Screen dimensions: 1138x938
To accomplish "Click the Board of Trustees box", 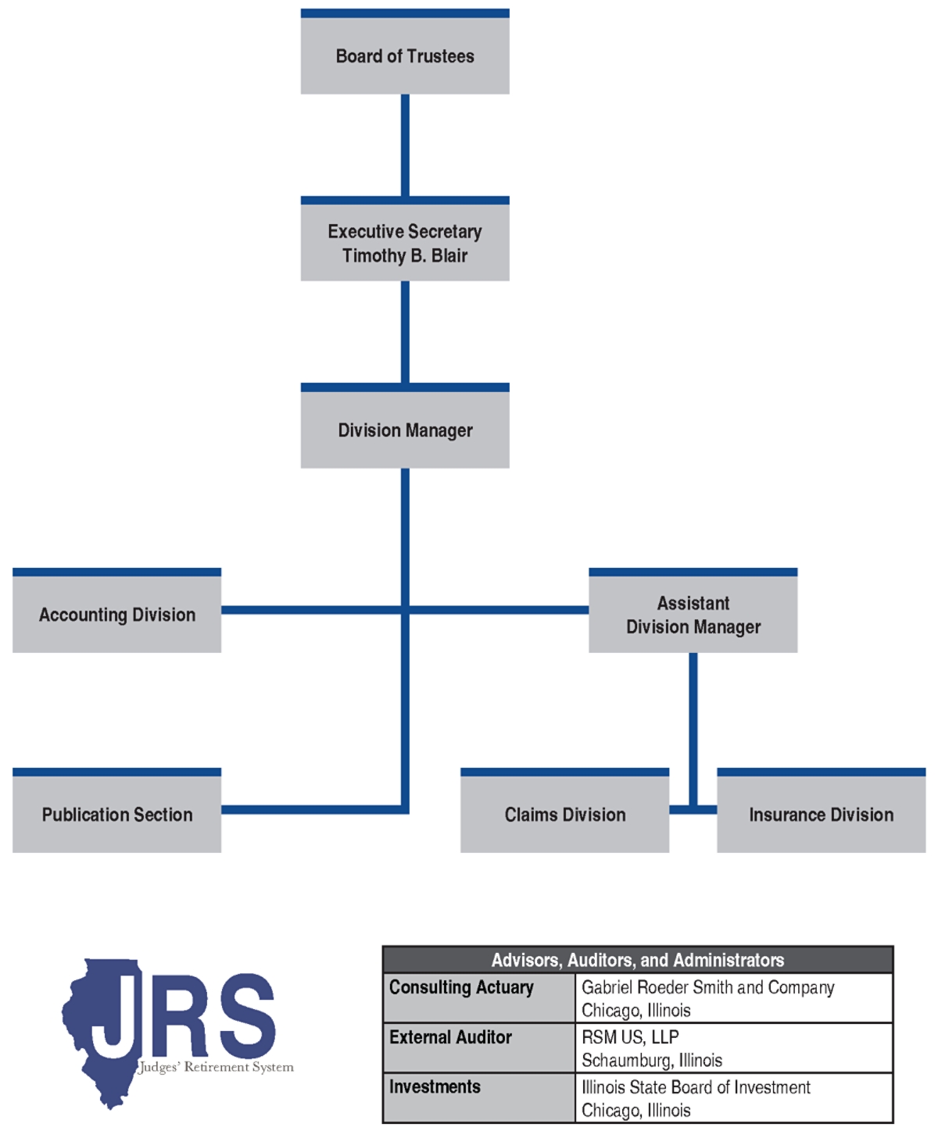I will pos(405,55).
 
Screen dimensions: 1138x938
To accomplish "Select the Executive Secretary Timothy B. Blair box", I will pos(405,243).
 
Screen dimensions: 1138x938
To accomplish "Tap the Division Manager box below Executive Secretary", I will pos(405,430).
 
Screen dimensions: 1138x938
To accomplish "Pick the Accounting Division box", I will pos(117,615).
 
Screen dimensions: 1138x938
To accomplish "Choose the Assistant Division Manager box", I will pos(693,615).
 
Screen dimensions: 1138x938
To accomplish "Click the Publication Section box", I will pos(117,815).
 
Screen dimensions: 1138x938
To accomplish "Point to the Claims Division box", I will pos(564,815).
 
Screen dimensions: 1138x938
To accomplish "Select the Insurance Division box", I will pos(821,815).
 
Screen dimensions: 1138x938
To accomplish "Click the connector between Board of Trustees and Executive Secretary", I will pos(405,145).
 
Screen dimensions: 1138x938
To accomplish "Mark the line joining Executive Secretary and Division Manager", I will pos(405,332).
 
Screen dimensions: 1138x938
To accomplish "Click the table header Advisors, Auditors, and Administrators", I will pos(637,960).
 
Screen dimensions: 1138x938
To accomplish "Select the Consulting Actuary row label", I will pos(461,987).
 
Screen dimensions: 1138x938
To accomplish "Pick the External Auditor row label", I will pos(450,1037).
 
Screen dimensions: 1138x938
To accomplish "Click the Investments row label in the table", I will pos(435,1087).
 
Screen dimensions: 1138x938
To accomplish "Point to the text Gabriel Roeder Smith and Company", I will pos(707,987).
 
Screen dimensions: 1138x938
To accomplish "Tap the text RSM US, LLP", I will pos(630,1037).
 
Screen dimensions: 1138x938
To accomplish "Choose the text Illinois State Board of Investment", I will pos(696,1087).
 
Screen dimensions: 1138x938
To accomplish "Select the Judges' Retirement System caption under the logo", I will pos(217,1068).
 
